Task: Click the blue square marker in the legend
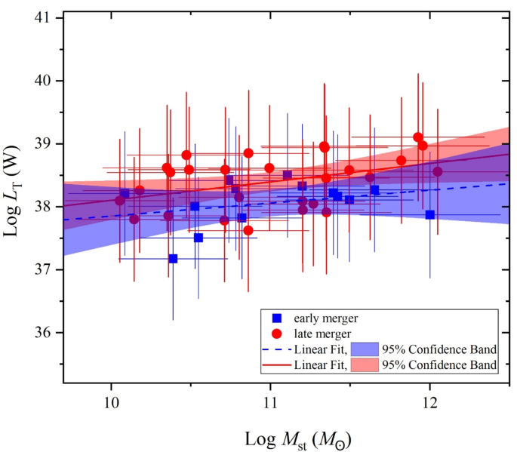tap(276, 318)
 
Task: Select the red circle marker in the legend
tap(276, 333)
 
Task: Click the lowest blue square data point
tap(173, 259)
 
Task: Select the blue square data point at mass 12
tap(429, 214)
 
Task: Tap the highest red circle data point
tap(418, 137)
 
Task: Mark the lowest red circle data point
tap(248, 230)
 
